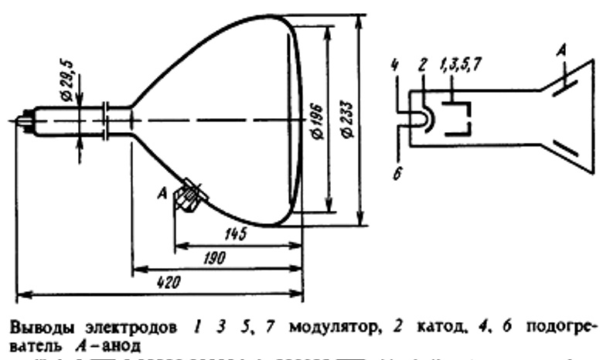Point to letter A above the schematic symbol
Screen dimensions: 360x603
tap(563, 49)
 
